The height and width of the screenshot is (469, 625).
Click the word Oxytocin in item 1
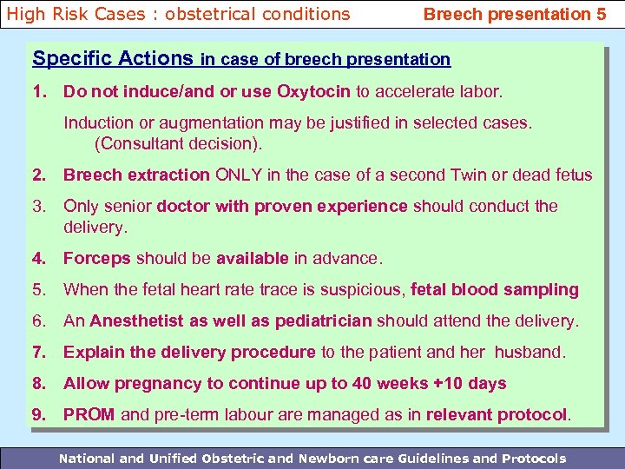(x=313, y=91)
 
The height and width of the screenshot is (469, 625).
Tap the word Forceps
(x=96, y=258)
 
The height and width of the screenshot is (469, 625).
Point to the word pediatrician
(x=323, y=320)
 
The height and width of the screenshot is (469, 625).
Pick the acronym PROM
(x=89, y=414)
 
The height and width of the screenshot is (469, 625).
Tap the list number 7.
(x=39, y=352)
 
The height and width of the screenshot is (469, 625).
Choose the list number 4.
(x=39, y=258)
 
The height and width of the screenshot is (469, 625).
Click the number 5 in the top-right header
(x=601, y=14)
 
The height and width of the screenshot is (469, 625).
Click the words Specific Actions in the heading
(x=113, y=59)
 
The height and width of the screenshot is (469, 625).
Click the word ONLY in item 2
(x=239, y=175)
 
